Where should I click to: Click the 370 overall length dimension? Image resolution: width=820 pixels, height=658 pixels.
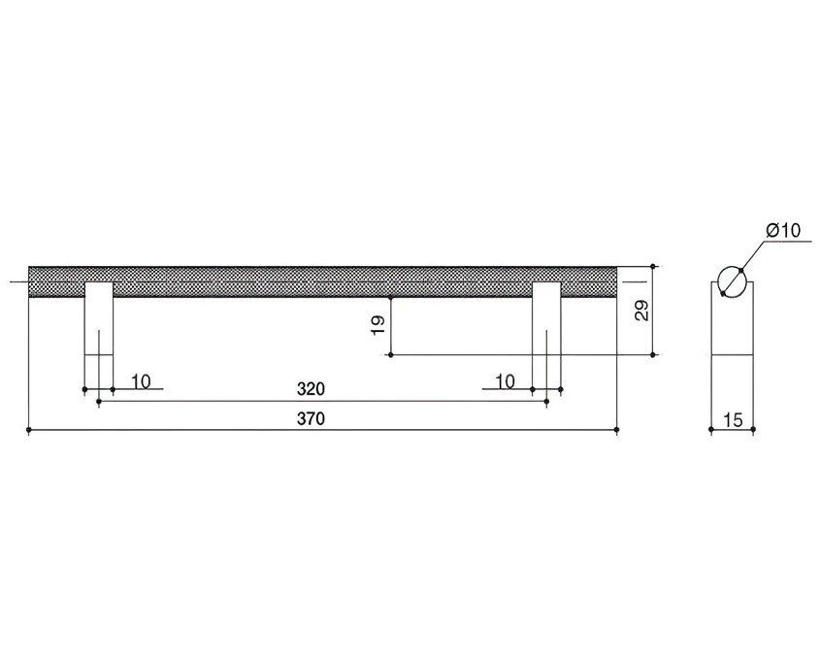[311, 419]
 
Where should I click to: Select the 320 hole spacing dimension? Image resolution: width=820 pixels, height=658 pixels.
[311, 389]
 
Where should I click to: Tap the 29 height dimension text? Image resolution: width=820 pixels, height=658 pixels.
[642, 311]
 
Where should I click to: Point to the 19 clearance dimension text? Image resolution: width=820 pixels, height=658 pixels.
[378, 325]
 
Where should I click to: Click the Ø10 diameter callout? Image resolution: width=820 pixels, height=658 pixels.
[783, 230]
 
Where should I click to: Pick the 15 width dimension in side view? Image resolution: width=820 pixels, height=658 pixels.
[733, 419]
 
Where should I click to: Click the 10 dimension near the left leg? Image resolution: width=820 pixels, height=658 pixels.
[141, 381]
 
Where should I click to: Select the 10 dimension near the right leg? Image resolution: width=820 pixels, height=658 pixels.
[506, 381]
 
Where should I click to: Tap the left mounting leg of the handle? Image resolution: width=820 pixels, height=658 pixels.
[99, 319]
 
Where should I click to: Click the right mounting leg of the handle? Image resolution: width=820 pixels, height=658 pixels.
[546, 319]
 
